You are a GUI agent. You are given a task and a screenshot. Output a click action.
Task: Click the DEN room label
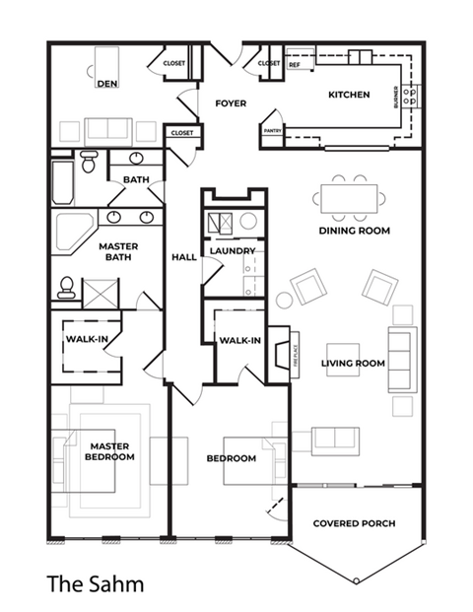pyautogui.click(x=107, y=84)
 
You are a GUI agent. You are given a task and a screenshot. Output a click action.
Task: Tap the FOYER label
pyautogui.click(x=230, y=102)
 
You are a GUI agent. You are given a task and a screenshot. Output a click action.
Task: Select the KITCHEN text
pyautogui.click(x=349, y=96)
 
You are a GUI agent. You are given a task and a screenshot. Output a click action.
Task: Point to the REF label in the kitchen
pyautogui.click(x=294, y=65)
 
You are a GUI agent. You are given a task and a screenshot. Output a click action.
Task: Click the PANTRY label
pyautogui.click(x=271, y=130)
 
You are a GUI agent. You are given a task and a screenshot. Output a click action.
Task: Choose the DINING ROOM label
pyautogui.click(x=354, y=231)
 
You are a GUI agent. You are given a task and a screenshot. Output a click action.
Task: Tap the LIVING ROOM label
pyautogui.click(x=353, y=363)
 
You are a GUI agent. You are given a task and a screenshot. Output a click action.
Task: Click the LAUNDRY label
pyautogui.click(x=233, y=250)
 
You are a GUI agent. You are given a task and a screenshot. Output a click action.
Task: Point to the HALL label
pyautogui.click(x=184, y=257)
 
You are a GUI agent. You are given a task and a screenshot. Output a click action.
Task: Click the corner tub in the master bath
pyautogui.click(x=72, y=233)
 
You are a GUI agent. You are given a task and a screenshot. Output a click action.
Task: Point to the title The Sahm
pyautogui.click(x=95, y=584)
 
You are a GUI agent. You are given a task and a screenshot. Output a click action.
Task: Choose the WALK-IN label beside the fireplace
pyautogui.click(x=239, y=341)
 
